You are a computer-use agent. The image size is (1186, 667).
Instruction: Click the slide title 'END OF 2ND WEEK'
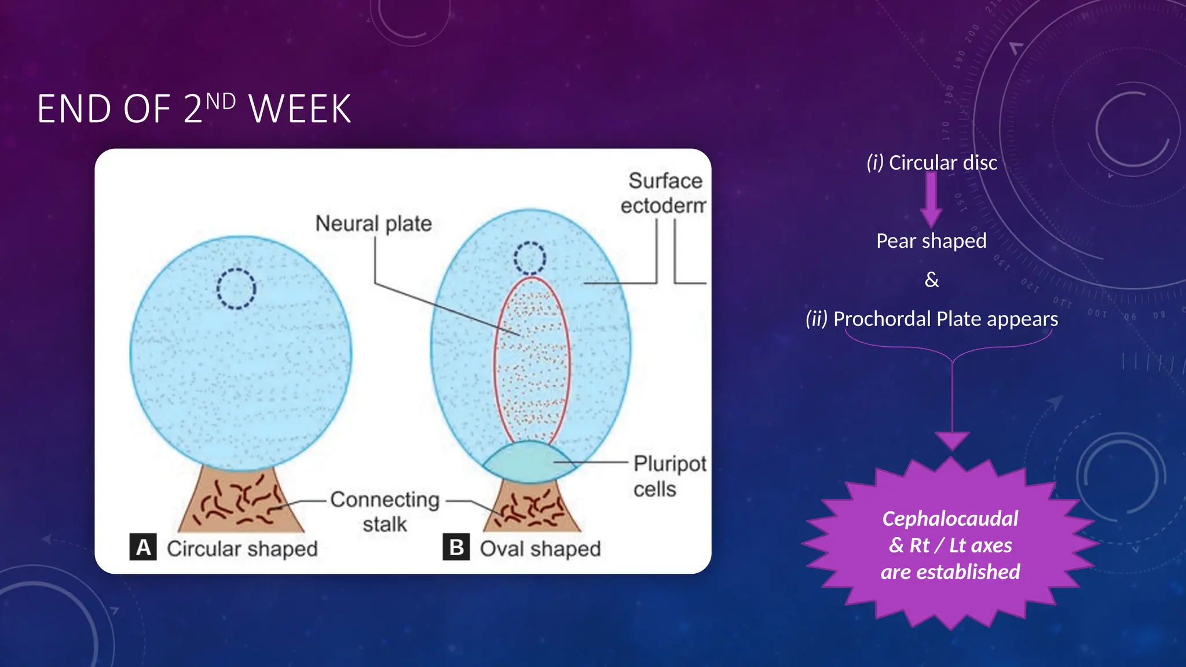194,109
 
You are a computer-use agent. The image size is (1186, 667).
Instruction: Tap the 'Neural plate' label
374,223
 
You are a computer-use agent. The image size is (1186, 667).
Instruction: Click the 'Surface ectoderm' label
664,193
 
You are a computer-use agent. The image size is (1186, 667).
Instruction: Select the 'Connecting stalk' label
385,511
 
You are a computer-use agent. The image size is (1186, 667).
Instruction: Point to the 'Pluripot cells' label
669,476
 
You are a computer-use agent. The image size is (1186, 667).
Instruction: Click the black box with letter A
143,547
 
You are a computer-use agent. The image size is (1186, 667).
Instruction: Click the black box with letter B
456,547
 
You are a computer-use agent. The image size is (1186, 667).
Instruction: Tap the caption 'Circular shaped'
242,548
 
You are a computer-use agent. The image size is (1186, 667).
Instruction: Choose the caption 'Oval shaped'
540,548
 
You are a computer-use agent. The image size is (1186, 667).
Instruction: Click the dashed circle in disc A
236,288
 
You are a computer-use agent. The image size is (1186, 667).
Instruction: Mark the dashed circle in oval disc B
529,258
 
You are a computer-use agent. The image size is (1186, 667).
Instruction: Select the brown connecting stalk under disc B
532,508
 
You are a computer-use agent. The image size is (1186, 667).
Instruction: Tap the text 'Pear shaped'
931,241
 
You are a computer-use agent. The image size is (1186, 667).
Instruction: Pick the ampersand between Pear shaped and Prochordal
931,280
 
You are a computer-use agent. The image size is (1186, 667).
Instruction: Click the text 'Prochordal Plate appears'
945,319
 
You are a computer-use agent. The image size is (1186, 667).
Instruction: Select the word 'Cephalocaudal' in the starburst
950,519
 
